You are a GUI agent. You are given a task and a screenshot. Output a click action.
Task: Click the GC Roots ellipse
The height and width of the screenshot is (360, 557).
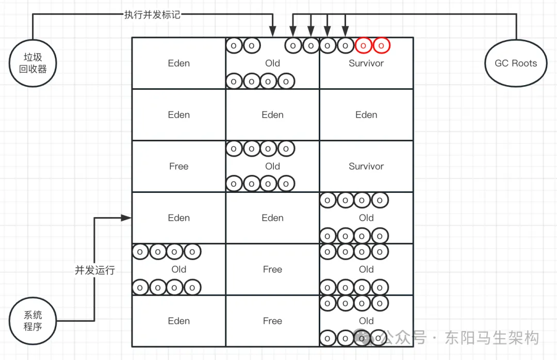coord(516,63)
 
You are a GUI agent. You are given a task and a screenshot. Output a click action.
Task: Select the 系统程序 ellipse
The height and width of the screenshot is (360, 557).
coord(32,321)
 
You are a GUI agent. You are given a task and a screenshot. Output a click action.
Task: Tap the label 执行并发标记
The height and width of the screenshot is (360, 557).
coord(152,14)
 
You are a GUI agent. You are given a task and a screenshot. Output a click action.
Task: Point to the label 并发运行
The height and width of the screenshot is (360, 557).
coord(95,270)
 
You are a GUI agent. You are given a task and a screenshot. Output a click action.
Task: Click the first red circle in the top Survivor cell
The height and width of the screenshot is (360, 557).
coord(363,45)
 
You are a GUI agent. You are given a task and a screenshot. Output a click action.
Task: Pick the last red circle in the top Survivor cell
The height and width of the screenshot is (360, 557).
coord(381,45)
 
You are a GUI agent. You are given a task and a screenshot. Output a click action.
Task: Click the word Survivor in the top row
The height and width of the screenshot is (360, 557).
coord(366,63)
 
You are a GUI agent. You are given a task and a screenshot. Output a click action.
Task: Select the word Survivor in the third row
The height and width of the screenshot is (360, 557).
coord(366,167)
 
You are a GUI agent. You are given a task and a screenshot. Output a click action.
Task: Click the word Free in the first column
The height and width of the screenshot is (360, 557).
coord(178,167)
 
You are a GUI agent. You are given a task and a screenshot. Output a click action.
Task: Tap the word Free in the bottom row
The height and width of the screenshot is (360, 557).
coord(272,321)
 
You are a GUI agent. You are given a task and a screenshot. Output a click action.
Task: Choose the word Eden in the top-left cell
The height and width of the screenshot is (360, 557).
coord(178,63)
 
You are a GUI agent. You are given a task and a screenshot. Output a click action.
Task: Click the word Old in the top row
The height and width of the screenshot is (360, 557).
coord(272,63)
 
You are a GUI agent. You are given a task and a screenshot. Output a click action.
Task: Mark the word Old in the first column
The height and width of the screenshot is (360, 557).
coord(178,269)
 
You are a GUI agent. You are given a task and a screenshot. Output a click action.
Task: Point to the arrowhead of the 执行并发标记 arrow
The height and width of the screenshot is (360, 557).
coord(273,32)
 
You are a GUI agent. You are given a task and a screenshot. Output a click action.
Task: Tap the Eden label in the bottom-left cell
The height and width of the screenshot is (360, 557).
coord(178,321)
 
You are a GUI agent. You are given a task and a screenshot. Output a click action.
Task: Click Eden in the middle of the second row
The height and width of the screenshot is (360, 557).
coord(272,115)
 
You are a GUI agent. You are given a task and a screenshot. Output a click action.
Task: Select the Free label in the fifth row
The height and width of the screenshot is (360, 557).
coord(272,269)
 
